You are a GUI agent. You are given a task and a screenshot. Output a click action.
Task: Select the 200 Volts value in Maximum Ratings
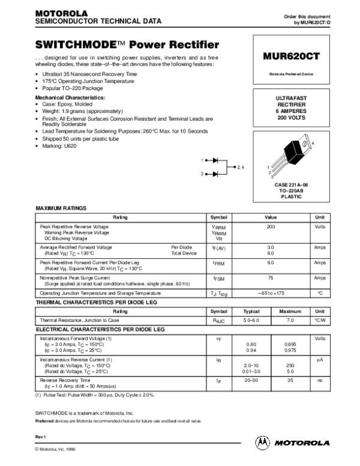click(271, 226)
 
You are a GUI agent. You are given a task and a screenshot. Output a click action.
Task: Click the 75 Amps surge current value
click(271, 279)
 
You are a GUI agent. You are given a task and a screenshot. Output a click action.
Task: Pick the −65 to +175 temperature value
click(271, 292)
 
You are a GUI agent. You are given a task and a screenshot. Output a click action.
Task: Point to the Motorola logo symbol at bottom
click(263, 443)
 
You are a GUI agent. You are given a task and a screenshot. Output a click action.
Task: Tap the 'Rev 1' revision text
click(42, 435)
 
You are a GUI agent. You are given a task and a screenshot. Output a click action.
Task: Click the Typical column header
click(251, 312)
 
